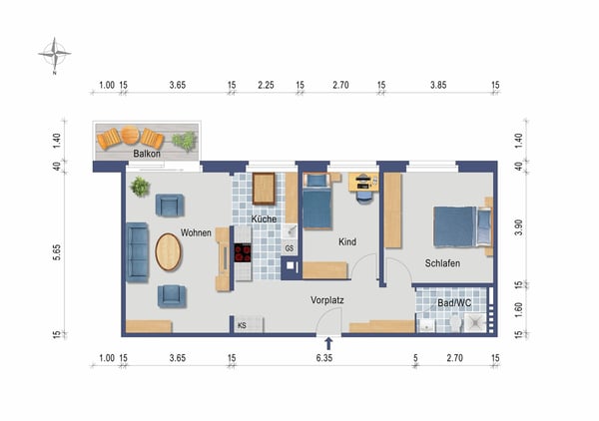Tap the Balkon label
148,154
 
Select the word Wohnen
196,233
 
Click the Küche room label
264,218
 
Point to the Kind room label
347,242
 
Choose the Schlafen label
442,263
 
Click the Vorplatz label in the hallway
327,298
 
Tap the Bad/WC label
454,302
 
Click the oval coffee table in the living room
169,251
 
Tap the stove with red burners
241,252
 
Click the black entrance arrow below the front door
328,345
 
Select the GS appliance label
290,248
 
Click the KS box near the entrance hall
242,325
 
